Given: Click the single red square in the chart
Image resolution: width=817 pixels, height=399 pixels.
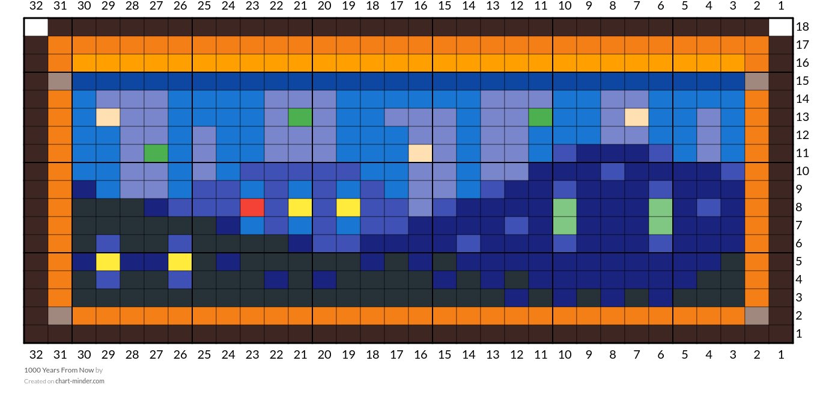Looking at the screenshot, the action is coord(252,208).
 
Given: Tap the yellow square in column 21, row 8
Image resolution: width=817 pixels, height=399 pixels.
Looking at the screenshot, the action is coord(300,208).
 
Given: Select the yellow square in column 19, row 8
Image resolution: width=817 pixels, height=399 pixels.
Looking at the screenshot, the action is coord(348,208).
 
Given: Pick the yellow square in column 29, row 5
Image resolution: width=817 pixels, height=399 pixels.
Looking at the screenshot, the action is coord(108,262).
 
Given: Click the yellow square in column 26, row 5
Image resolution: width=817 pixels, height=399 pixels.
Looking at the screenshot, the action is coord(180,262).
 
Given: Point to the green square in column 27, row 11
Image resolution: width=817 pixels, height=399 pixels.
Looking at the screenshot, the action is coord(156,153).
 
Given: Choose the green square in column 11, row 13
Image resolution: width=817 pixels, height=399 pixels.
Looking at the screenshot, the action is coord(541,117).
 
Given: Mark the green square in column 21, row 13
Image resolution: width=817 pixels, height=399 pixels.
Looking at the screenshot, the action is coord(300,117).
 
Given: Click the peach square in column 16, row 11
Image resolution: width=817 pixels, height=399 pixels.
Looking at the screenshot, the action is coord(421,153).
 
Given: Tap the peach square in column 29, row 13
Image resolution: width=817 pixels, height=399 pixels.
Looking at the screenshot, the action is coord(108,117).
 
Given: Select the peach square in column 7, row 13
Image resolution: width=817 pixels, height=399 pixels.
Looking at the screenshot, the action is coord(637,117).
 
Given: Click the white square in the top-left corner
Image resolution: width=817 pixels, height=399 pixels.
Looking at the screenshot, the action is coord(36,27).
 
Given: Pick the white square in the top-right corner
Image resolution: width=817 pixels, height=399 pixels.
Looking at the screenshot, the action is coord(781,27).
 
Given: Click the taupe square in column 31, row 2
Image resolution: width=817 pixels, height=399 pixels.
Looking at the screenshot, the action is coord(60,316).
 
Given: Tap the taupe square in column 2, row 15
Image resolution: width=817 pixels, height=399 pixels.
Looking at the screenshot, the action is coord(757,81).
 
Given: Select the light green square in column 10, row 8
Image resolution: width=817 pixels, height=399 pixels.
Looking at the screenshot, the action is coord(565,208).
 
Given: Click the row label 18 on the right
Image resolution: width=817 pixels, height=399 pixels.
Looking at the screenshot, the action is coord(803,26).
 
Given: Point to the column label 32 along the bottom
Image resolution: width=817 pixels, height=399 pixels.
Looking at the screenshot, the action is coord(36,354).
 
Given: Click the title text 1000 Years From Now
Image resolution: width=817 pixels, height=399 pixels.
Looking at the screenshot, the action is coord(59,370).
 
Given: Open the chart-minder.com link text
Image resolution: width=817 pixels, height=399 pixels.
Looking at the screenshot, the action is coord(80,381).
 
